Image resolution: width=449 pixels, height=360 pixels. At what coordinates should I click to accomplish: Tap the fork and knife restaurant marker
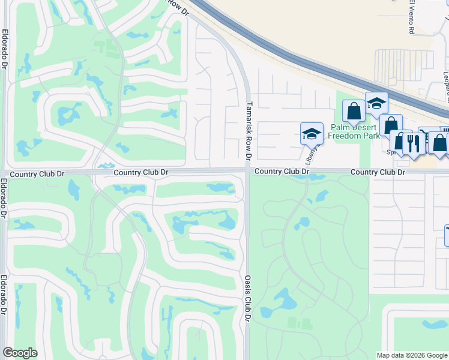[x=413, y=144]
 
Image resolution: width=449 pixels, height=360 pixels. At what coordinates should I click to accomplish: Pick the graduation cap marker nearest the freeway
[x=376, y=104]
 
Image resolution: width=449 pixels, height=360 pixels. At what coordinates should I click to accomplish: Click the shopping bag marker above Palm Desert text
[x=354, y=111]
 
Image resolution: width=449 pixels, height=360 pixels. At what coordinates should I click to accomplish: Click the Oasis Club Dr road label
[x=247, y=298]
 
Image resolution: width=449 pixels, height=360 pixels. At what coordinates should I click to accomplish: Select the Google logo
[x=20, y=353]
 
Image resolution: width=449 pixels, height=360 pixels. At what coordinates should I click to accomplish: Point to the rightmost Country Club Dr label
[x=378, y=172]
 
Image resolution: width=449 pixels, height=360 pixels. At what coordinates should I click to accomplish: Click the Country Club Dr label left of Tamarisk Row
[x=141, y=172]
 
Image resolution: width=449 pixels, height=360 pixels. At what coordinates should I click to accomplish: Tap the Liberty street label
[x=310, y=154]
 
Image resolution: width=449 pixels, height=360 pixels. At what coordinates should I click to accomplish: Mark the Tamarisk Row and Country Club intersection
[x=247, y=171]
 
